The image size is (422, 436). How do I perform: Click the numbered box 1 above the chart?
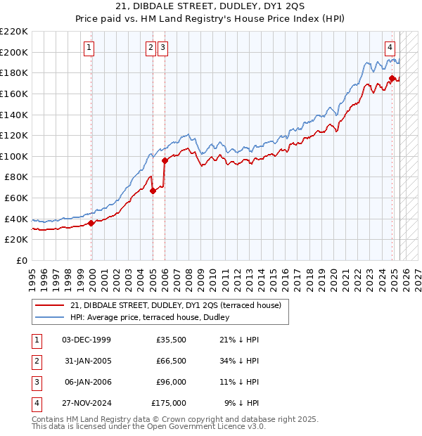tap(91, 48)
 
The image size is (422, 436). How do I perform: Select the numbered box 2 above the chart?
tap(151, 48)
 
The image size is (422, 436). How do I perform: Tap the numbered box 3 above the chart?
tap(163, 48)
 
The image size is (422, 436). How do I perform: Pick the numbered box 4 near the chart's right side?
tap(390, 48)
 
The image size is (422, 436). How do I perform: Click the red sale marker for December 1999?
tap(91, 224)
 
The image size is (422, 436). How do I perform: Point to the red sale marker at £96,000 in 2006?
tap(165, 160)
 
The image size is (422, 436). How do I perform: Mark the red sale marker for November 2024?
tap(392, 78)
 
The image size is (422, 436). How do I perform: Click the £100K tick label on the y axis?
tap(14, 156)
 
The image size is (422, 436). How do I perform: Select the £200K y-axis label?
tap(14, 52)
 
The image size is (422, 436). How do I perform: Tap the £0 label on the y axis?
tap(21, 260)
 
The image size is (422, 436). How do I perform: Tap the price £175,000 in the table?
tap(169, 403)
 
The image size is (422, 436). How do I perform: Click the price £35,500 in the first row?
tap(171, 340)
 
